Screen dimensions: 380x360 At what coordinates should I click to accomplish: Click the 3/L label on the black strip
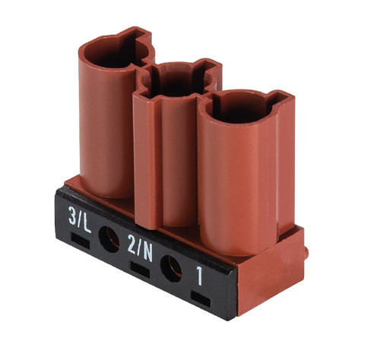(x=80, y=219)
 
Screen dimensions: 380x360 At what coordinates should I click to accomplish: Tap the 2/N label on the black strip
(x=140, y=248)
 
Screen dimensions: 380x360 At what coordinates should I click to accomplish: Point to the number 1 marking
(x=200, y=276)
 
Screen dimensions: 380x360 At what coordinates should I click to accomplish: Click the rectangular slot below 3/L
(x=81, y=240)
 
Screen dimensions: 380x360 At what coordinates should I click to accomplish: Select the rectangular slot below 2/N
(x=140, y=270)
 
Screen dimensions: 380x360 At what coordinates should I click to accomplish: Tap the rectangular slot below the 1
(x=201, y=299)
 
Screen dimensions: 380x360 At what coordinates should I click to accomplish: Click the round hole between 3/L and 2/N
(x=109, y=239)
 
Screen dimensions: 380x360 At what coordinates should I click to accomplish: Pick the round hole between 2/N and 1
(x=171, y=269)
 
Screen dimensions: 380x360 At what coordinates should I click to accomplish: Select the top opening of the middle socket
(x=177, y=80)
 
